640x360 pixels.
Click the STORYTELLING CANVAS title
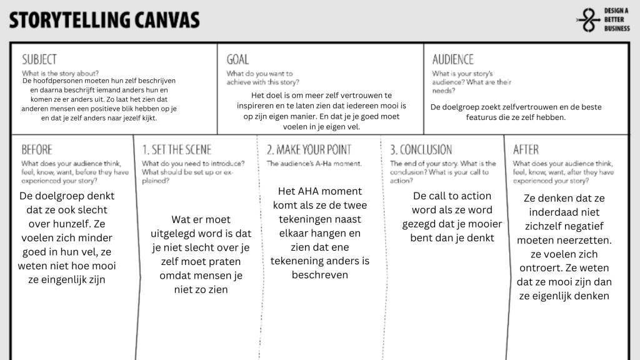coord(105,20)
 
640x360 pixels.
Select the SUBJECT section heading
coord(39,59)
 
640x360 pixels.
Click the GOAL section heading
coord(237,59)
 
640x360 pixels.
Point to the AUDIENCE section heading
coord(453,59)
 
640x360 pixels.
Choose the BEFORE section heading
coord(37,150)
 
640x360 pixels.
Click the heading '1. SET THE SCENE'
coord(177,150)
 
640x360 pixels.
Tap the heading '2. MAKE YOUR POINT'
coord(309,150)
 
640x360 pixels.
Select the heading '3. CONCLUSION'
coord(421,150)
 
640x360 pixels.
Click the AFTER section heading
coord(526,150)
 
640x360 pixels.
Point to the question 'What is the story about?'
coord(60,73)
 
